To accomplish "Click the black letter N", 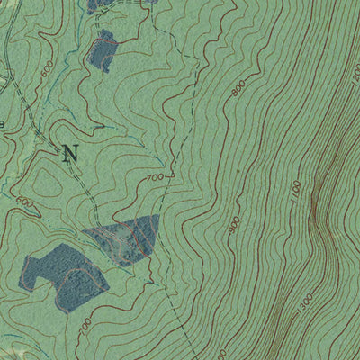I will point(70,152).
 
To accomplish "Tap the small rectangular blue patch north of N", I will point(103,50).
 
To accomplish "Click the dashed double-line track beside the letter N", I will point(85,171).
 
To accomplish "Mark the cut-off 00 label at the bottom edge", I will point(222,354).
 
